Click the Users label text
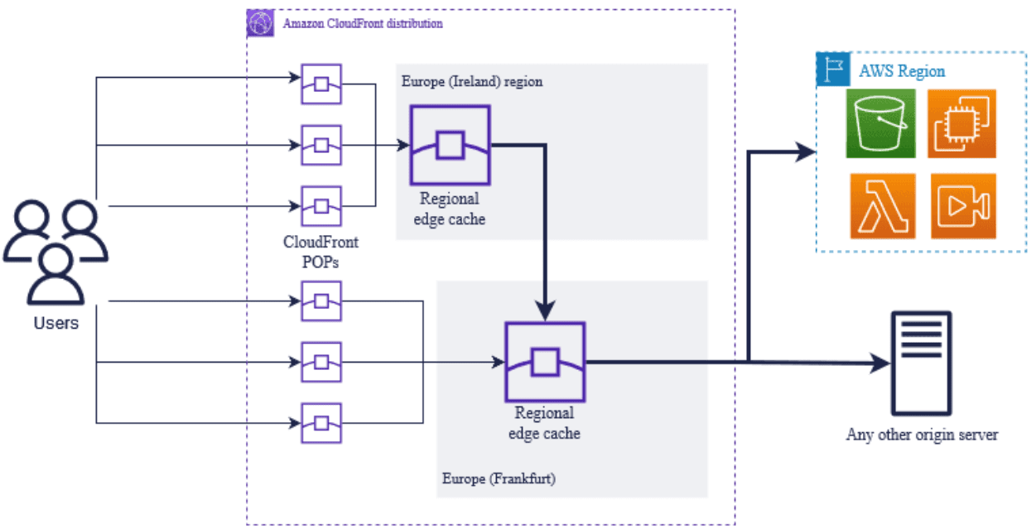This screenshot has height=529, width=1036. tap(55, 323)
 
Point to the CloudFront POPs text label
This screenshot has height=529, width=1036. tap(320, 252)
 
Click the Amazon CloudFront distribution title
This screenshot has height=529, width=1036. tap(363, 24)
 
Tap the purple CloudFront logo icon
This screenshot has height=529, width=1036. tap(260, 24)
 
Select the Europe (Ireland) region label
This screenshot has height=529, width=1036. tap(472, 82)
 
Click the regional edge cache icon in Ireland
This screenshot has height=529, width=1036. tap(450, 145)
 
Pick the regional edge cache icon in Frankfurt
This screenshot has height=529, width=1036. tap(544, 362)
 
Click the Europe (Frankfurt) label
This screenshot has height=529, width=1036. tap(498, 479)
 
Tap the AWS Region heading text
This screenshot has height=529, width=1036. tap(902, 71)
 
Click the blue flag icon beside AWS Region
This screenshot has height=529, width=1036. tap(831, 70)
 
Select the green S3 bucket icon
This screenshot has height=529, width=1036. tap(880, 123)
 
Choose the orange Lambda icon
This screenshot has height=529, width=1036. tap(882, 206)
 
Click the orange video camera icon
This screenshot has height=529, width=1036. tap(963, 206)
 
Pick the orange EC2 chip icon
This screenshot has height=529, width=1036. tap(961, 123)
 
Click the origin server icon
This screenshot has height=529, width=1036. tap(920, 363)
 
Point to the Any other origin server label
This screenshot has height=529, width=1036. tap(922, 435)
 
